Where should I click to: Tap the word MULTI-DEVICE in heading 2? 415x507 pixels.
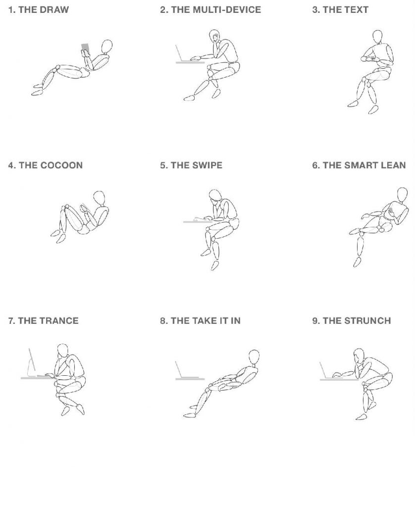pos(227,10)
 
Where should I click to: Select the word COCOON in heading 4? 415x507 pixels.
pos(61,165)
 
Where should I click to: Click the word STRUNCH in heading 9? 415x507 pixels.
pos(367,321)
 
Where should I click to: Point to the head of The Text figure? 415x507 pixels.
pos(377,37)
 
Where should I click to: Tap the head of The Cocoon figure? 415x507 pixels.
pos(99,198)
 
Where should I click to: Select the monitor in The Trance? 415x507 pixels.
pos(31,362)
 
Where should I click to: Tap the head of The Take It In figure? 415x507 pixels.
pos(254,357)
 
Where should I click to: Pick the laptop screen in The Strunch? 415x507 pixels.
pos(324,370)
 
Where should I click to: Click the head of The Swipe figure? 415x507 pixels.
pos(215,196)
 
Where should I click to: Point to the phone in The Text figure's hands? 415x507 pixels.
pos(373,58)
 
